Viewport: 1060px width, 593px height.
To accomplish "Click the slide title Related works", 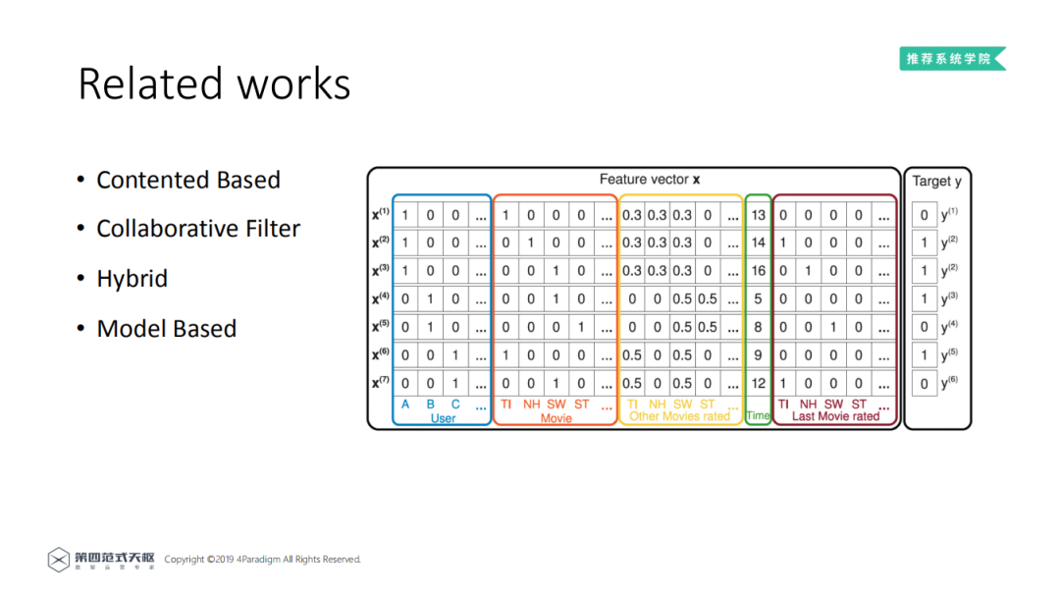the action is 214,84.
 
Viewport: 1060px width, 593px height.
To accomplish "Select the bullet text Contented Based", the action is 188,181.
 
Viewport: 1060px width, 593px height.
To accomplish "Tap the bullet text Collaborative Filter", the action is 198,229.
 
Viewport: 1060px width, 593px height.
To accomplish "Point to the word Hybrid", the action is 132,279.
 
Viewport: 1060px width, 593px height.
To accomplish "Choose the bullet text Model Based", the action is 167,329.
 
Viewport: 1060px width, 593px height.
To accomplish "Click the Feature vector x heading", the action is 649,180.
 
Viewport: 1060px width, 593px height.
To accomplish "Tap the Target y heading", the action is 936,181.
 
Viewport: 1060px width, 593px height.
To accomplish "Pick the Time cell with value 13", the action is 758,215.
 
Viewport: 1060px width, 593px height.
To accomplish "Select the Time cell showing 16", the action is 758,271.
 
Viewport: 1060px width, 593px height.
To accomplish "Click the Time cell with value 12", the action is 758,384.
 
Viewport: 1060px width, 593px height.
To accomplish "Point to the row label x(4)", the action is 381,299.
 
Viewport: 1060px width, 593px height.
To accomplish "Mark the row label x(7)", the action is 381,384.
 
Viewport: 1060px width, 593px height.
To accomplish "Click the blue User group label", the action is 444,418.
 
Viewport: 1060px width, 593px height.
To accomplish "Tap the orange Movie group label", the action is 556,418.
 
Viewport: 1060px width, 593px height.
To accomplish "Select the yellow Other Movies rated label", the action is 679,416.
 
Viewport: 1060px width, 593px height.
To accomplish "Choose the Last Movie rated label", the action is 835,416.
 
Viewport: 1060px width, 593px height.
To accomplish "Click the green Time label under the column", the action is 758,415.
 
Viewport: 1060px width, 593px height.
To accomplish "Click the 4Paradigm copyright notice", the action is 262,560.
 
